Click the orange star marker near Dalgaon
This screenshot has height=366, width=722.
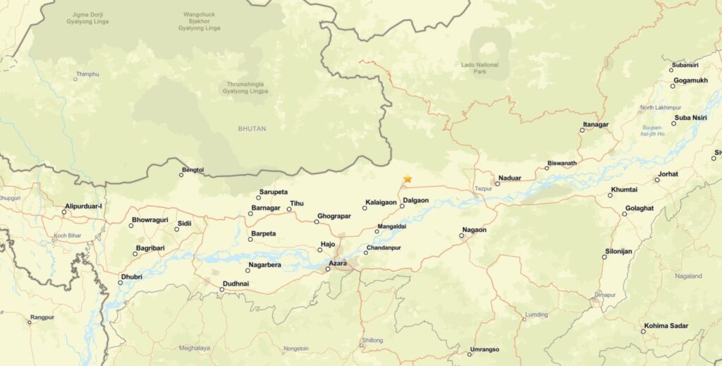(x=408, y=179)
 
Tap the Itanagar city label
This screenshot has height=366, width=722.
(x=595, y=124)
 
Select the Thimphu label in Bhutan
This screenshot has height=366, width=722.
(x=87, y=74)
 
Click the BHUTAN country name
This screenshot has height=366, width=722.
(x=252, y=129)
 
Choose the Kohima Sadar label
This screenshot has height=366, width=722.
(x=665, y=326)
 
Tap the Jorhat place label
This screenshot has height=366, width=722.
(x=668, y=174)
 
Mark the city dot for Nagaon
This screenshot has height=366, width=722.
(x=461, y=236)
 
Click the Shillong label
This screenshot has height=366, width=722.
(x=372, y=341)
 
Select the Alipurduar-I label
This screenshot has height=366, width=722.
(x=84, y=206)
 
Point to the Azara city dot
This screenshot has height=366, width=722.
(x=328, y=269)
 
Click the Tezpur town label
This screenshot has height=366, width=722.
(x=483, y=189)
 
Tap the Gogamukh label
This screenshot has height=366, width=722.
(x=690, y=80)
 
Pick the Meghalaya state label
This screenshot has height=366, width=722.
(x=195, y=348)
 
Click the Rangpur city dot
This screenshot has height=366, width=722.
(x=30, y=322)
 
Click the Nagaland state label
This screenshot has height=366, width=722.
(x=688, y=276)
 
